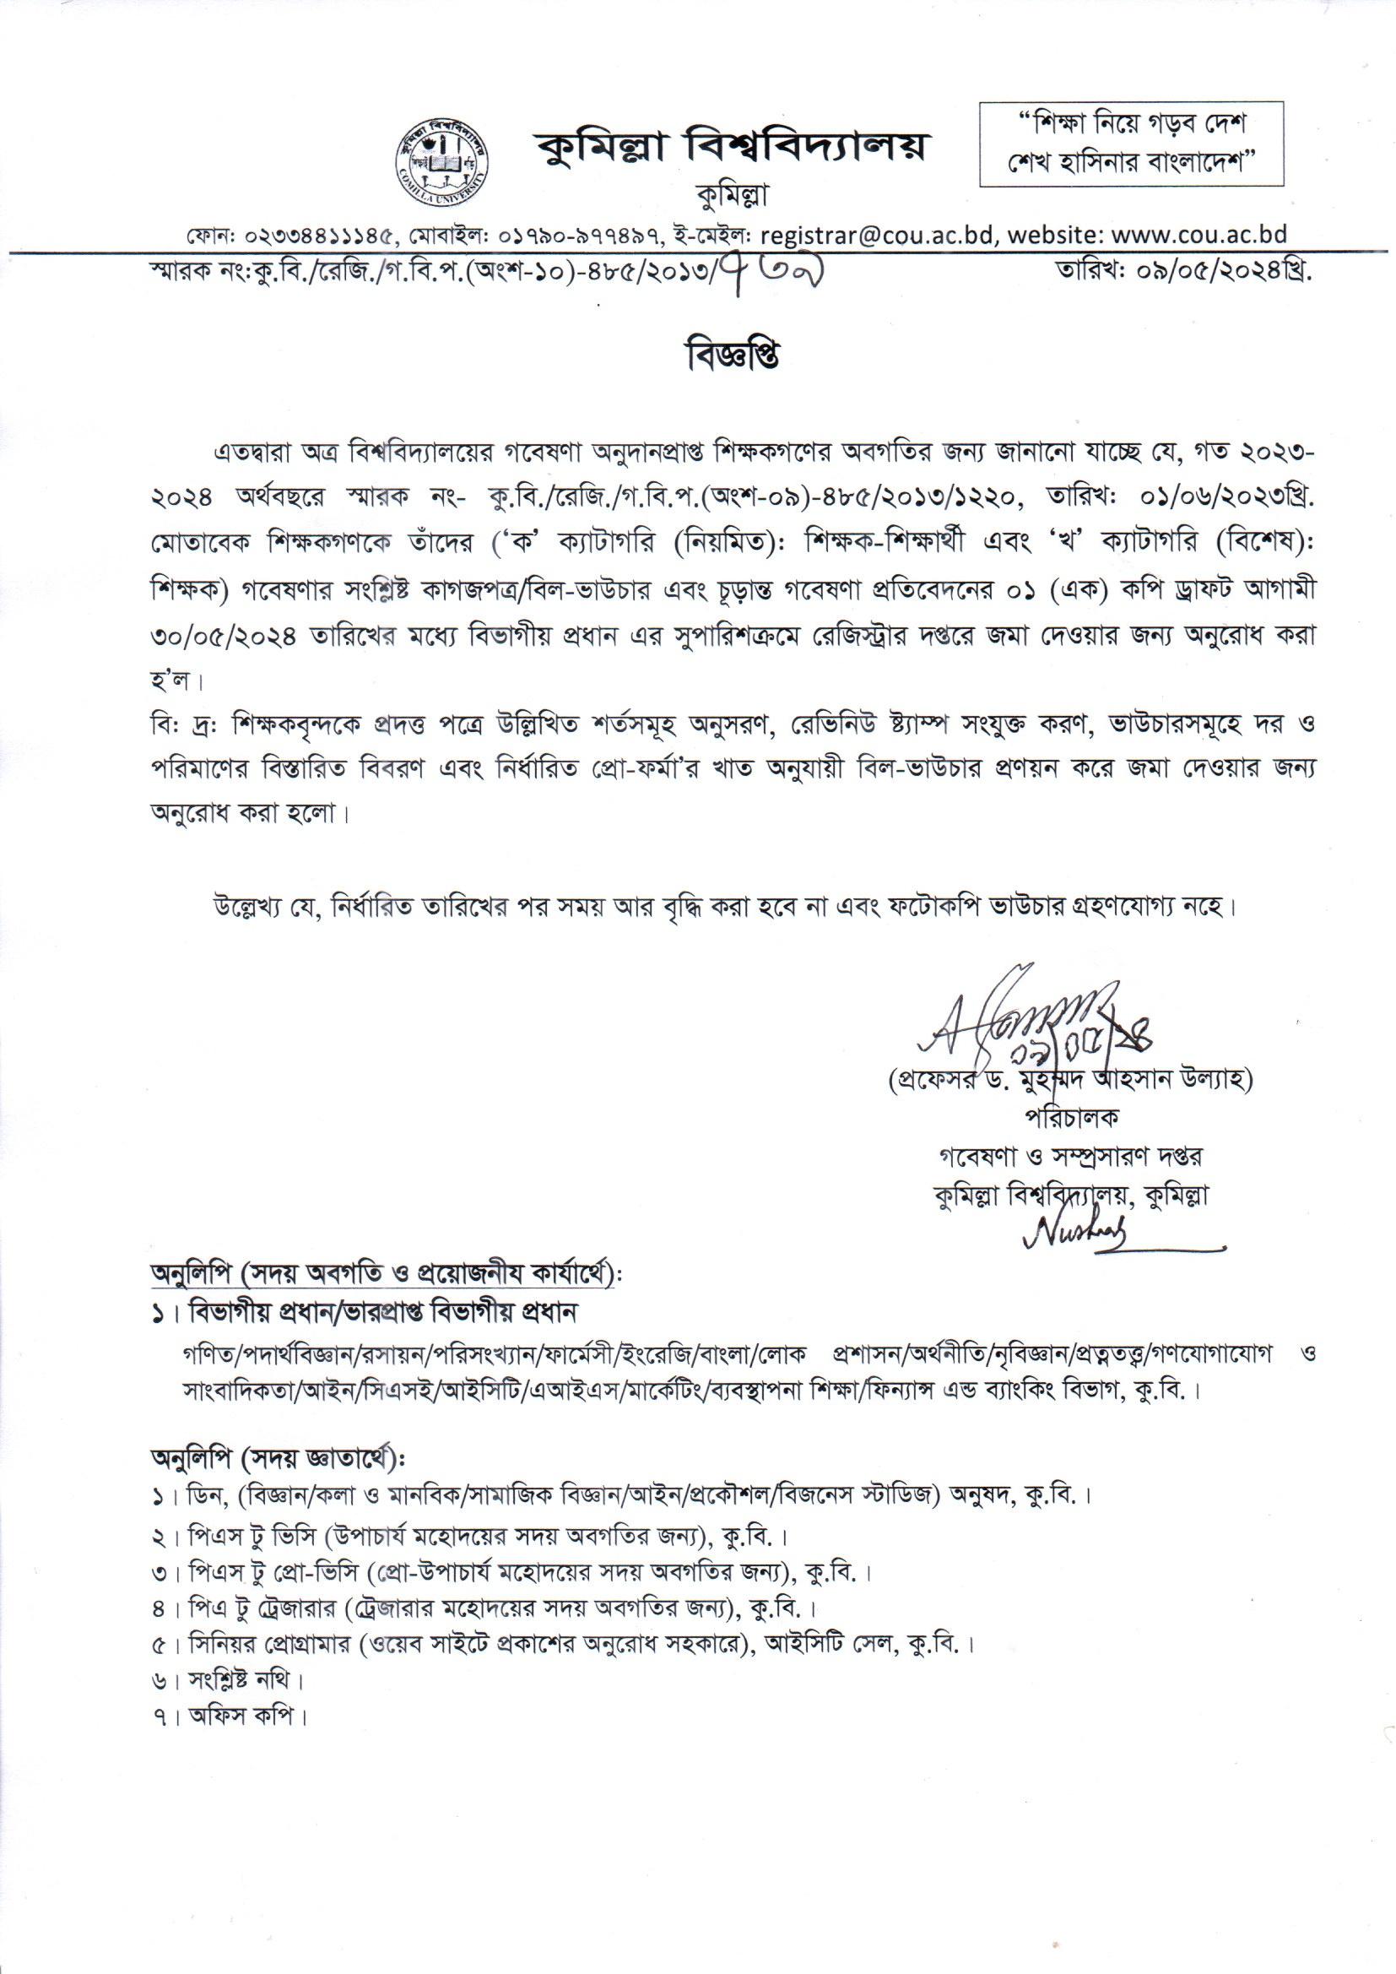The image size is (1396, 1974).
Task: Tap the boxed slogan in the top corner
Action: pyautogui.click(x=1131, y=144)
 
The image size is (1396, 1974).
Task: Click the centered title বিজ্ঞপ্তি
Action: pyautogui.click(x=731, y=358)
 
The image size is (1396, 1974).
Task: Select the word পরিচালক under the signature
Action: pyautogui.click(x=1069, y=1117)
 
